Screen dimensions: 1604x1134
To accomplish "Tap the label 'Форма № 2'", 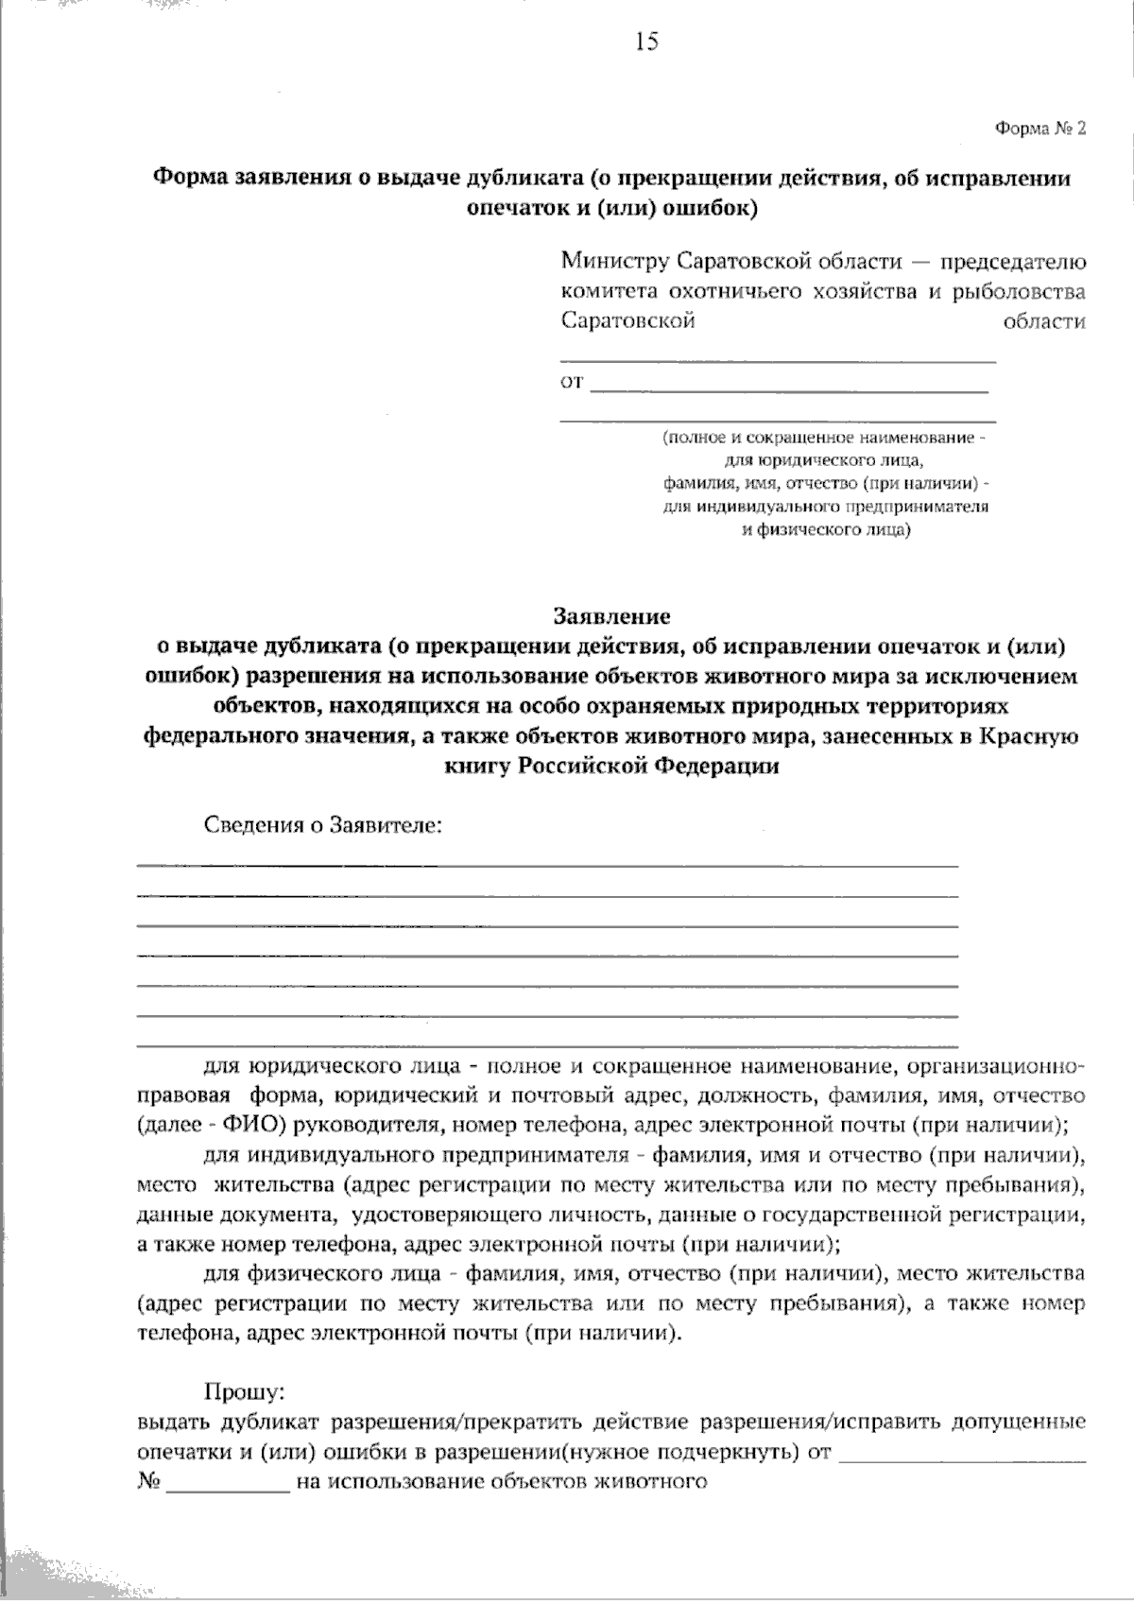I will click(x=1039, y=129).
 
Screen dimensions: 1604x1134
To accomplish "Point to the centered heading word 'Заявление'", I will click(x=611, y=617).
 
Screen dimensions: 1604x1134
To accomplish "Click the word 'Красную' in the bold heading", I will click(x=1033, y=736).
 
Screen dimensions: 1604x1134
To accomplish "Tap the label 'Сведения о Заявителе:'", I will click(x=324, y=825).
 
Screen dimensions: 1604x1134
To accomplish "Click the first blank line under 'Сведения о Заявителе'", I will click(x=548, y=864).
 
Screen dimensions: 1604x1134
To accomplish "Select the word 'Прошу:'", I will click(x=245, y=1392).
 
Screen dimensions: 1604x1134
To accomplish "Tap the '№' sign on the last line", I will click(x=147, y=1481).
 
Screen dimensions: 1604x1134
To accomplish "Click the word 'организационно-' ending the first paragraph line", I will click(x=994, y=1067).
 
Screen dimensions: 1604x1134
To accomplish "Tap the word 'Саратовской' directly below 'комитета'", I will click(x=628, y=321).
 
